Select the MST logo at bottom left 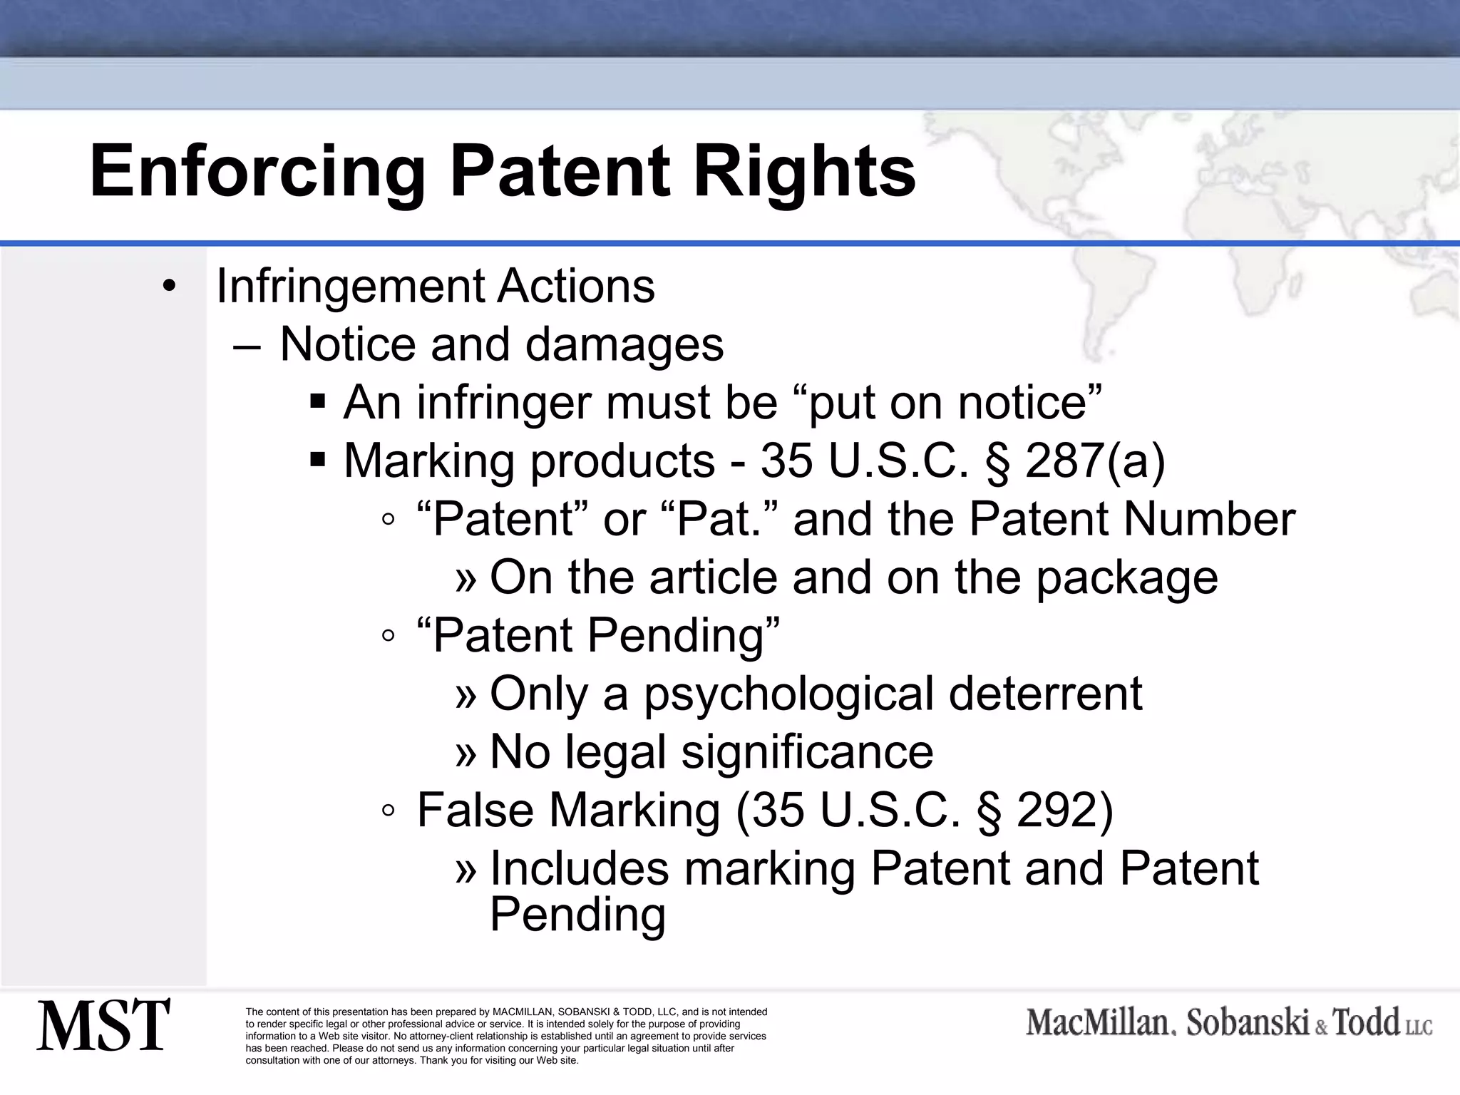(x=103, y=1025)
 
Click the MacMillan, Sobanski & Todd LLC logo (x=1229, y=1024)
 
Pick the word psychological (x=788, y=694)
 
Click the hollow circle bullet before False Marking (x=388, y=811)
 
